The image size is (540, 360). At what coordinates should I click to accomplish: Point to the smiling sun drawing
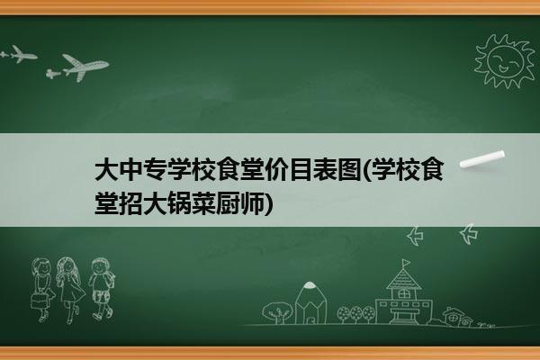coord(505,61)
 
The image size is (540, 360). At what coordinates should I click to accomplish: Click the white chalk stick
coord(482,159)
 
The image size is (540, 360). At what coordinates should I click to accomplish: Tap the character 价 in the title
coord(277,169)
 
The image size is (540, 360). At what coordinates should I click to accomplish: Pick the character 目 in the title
coord(301,169)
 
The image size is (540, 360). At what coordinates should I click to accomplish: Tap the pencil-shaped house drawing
coord(310,302)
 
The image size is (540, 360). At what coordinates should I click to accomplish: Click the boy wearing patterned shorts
coord(102,288)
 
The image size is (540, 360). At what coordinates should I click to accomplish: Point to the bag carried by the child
coord(39,301)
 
